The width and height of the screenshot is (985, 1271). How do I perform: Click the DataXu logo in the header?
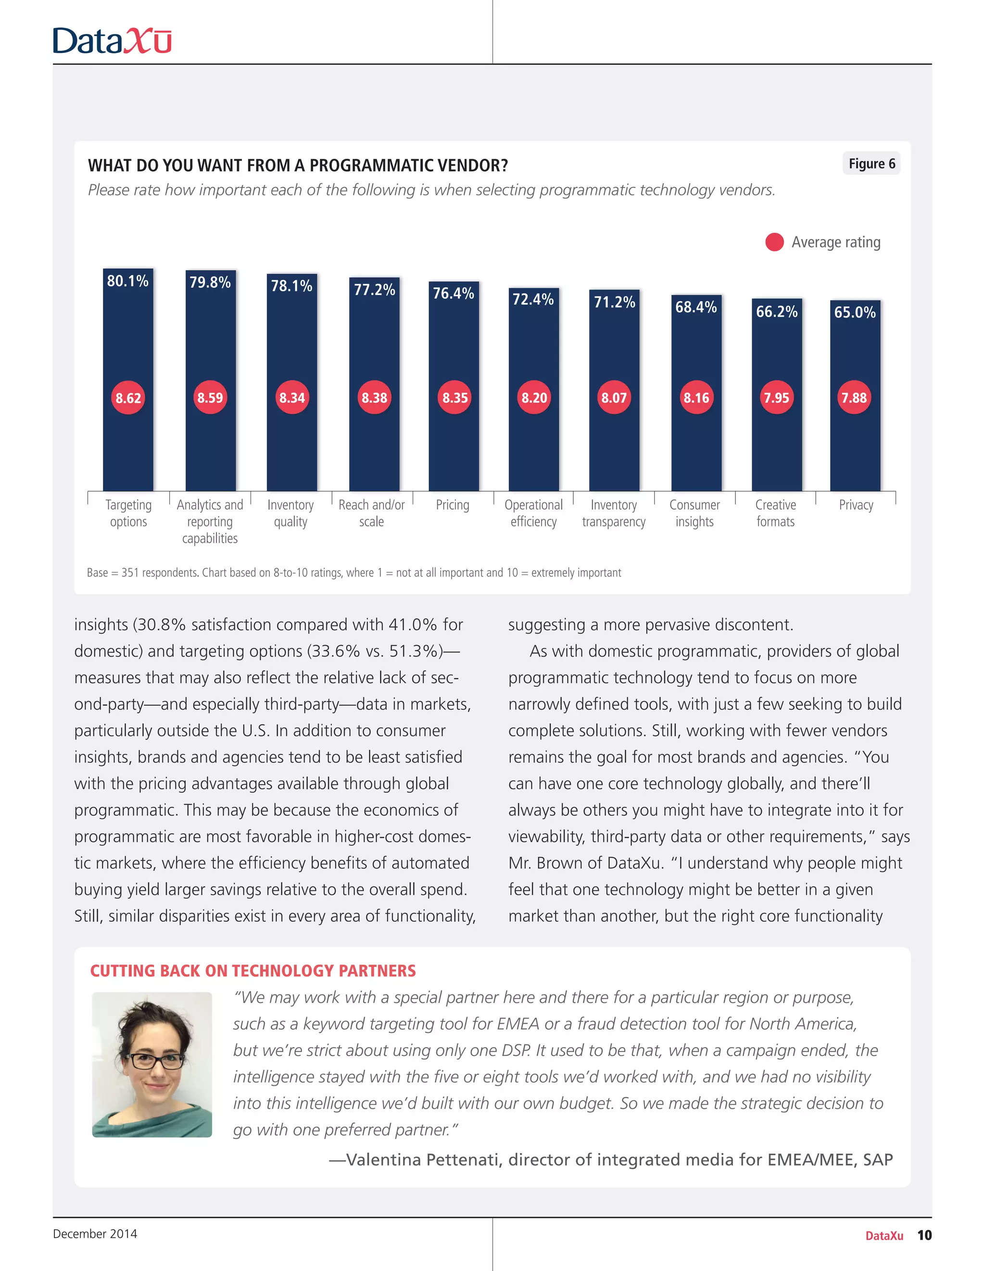[112, 41]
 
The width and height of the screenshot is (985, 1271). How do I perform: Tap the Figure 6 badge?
[871, 164]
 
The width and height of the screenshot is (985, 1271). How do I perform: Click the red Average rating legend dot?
[774, 242]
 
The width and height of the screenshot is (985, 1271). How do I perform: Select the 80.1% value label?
[127, 281]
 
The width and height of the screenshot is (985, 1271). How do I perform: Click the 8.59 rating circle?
[210, 398]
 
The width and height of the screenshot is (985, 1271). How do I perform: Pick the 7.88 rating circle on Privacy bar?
[854, 398]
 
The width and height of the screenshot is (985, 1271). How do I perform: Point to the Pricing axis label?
[452, 505]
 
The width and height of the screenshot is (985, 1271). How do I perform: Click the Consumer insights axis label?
[694, 513]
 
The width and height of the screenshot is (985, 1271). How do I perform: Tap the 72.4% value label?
[532, 299]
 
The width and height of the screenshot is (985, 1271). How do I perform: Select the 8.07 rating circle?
[614, 398]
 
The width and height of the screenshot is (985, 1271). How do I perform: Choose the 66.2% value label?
[776, 312]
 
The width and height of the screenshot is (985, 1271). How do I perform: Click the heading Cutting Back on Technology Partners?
[253, 971]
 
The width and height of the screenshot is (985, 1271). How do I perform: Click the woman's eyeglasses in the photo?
[156, 1061]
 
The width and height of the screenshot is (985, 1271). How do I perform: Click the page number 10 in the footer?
[924, 1235]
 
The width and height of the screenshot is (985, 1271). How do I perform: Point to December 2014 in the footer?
[95, 1234]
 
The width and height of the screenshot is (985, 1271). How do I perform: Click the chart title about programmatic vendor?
[298, 166]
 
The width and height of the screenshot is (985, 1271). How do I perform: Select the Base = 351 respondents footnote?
[354, 572]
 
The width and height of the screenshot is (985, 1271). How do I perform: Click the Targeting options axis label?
[128, 513]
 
